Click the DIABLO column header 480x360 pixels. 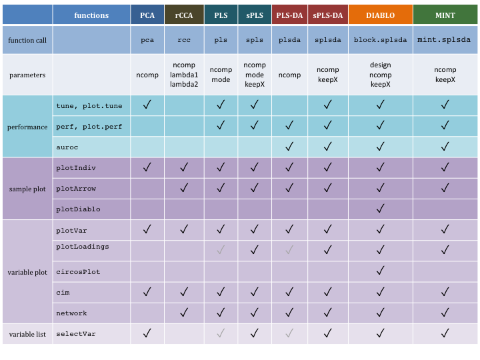click(x=380, y=15)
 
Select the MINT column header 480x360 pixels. click(x=445, y=15)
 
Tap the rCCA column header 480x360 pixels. click(x=184, y=15)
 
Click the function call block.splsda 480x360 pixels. click(x=380, y=40)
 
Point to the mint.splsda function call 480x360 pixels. click(x=445, y=40)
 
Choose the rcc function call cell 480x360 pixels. click(x=184, y=40)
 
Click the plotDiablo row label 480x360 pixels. click(x=78, y=209)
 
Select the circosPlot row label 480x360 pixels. click(x=78, y=272)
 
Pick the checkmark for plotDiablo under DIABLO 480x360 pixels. click(x=380, y=209)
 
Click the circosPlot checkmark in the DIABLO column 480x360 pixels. click(x=380, y=271)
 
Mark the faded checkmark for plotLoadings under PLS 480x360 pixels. click(x=220, y=250)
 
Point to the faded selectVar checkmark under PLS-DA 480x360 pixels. click(x=289, y=333)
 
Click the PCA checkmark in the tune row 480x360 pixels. click(x=147, y=105)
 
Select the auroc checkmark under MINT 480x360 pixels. click(x=445, y=146)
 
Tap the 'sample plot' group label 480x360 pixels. click(x=27, y=189)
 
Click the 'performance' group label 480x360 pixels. click(x=27, y=126)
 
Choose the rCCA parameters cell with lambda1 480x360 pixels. click(x=184, y=75)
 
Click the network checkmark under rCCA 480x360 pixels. click(x=184, y=313)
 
